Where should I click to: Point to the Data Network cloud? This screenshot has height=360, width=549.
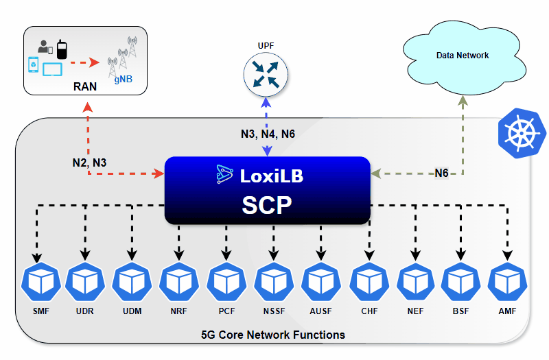click(x=463, y=55)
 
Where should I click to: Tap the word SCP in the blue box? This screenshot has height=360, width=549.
click(x=268, y=206)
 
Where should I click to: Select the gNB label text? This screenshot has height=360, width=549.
click(x=124, y=80)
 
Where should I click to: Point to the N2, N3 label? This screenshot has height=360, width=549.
click(x=90, y=163)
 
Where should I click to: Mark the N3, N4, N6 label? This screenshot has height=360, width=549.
click(x=268, y=134)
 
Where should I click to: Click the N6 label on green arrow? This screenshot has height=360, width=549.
click(x=441, y=173)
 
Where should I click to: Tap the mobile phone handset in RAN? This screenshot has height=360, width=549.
click(x=61, y=49)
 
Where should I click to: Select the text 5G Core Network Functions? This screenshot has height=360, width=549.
click(x=272, y=335)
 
